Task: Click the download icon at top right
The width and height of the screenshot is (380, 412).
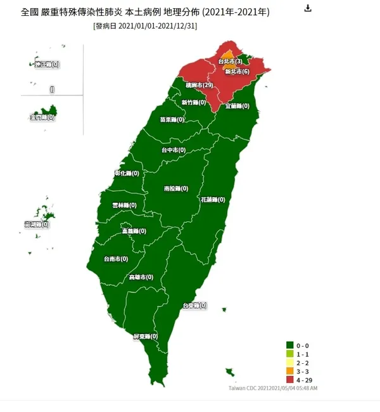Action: pos(308,8)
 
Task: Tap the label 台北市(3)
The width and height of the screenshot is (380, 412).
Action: pos(230,61)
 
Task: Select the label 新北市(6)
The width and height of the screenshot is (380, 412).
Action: pos(237,72)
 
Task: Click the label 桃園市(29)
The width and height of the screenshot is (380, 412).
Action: pos(199,85)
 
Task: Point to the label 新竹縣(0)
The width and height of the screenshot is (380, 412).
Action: pos(194,102)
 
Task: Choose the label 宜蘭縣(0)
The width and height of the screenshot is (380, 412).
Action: pos(238,106)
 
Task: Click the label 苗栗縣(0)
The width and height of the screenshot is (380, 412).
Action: pos(172,119)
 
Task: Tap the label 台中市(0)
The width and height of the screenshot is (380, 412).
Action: pos(174,150)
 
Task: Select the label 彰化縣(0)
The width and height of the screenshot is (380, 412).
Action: pos(127,173)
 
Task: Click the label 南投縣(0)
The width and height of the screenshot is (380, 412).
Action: pos(177,189)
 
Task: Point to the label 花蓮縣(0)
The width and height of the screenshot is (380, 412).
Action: pos(213,199)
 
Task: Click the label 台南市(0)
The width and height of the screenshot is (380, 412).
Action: pos(115,259)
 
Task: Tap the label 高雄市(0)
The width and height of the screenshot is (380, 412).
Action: pos(141,277)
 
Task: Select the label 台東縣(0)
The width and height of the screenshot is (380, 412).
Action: pos(195,306)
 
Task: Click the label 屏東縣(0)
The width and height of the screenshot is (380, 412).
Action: pos(145,336)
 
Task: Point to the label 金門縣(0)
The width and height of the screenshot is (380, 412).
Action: pos(42,117)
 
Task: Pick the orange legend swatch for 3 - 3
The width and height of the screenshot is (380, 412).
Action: pos(289,370)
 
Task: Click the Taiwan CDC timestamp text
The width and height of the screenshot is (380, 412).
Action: pos(272,387)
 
